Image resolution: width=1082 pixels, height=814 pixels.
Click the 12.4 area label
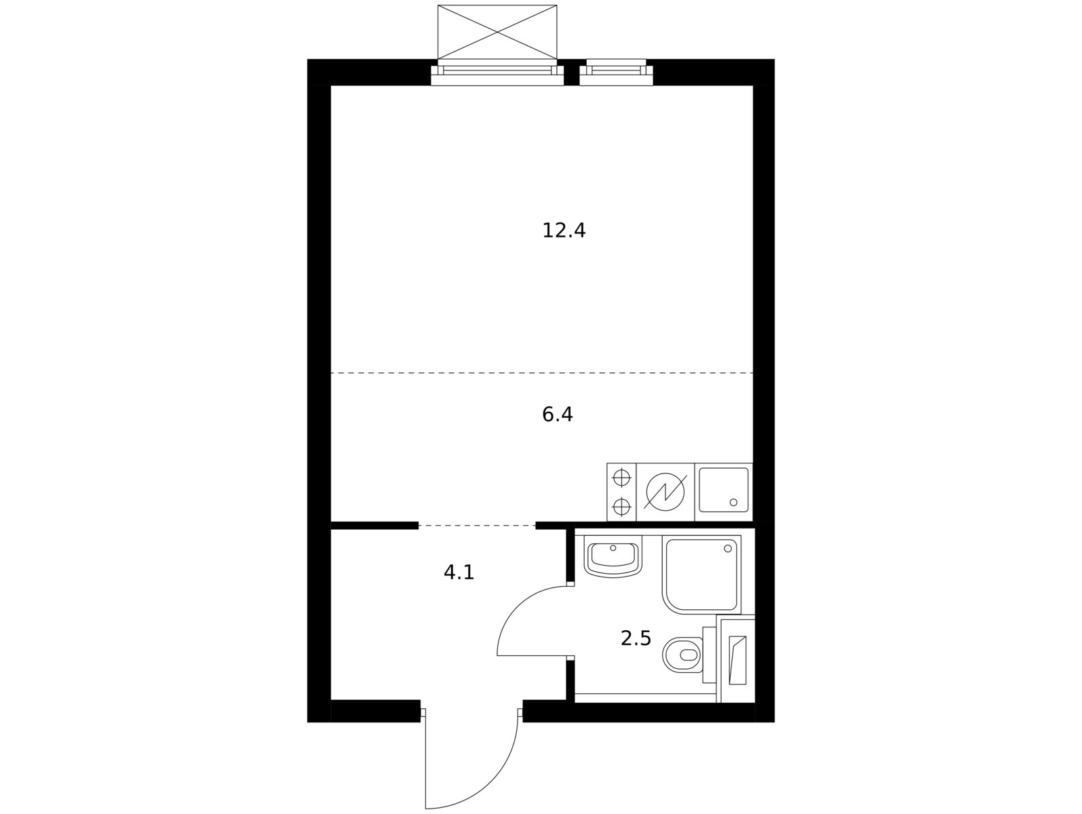pos(564,231)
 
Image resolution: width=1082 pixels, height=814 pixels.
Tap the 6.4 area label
pos(557,414)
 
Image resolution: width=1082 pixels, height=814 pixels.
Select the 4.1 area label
pos(459,573)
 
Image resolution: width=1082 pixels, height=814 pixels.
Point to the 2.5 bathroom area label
pos(636,638)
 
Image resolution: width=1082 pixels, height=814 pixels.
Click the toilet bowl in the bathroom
pos(682,655)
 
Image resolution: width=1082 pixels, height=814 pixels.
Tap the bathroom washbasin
pos(613,556)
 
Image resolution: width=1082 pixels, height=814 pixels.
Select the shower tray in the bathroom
pos(701,575)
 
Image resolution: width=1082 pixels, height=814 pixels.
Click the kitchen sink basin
pos(723,490)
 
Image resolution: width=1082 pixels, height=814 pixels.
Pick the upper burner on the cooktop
pos(621,478)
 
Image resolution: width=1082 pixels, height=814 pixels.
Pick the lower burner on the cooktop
pos(621,506)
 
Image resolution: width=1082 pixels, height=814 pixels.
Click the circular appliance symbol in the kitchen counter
pos(665,492)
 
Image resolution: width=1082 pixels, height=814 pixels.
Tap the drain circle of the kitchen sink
pos(733,502)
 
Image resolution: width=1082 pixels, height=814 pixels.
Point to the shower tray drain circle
pos(728,548)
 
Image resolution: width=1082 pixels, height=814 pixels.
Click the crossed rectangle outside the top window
pos(497,32)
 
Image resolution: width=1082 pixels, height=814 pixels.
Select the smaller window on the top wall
pos(616,72)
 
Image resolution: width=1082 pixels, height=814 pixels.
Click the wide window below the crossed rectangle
pos(497,73)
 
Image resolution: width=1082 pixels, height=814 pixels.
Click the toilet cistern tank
pos(709,655)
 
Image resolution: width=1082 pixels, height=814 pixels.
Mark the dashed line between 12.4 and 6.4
pos(542,373)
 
